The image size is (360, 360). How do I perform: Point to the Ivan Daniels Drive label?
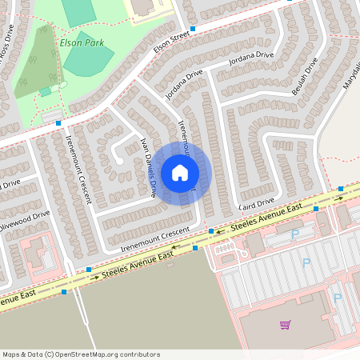point(148,166)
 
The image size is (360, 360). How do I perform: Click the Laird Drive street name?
point(256,202)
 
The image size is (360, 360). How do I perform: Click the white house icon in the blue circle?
point(180,172)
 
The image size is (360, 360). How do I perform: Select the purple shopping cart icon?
point(285,324)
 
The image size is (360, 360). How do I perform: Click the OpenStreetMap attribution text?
point(80,354)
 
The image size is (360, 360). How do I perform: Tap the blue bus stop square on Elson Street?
point(193,29)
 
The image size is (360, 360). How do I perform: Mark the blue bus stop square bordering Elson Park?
point(58,123)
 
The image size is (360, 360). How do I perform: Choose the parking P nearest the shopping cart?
point(337,298)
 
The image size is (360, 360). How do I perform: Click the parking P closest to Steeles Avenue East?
point(294,234)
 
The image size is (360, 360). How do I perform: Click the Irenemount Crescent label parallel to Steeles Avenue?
point(155,239)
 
